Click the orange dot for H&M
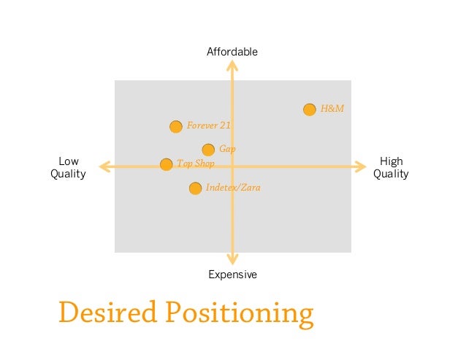pyautogui.click(x=310, y=110)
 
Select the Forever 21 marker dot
pyautogui.click(x=176, y=126)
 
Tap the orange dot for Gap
pyautogui.click(x=208, y=150)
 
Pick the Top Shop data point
pyautogui.click(x=167, y=164)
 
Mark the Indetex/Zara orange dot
pyautogui.click(x=195, y=188)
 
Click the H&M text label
pyautogui.click(x=332, y=109)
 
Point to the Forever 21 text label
pyautogui.click(x=209, y=126)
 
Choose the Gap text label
pyautogui.click(x=227, y=149)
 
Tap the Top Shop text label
pyautogui.click(x=196, y=164)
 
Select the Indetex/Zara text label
pyautogui.click(x=233, y=188)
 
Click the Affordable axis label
pyautogui.click(x=232, y=52)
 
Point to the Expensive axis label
pyautogui.click(x=232, y=275)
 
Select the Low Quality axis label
pyautogui.click(x=68, y=168)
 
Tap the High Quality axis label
pyautogui.click(x=391, y=168)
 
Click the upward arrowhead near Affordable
pyautogui.click(x=232, y=66)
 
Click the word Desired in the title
pyautogui.click(x=107, y=312)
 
